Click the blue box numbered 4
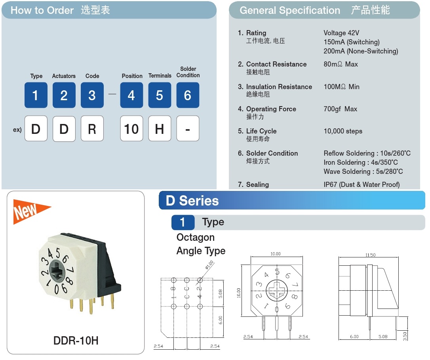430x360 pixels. click(x=131, y=95)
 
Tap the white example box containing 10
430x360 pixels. click(x=131, y=128)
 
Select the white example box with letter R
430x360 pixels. click(x=92, y=128)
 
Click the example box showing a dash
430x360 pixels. click(x=188, y=128)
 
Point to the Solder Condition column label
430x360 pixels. click(x=188, y=72)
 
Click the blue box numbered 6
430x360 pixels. click(x=188, y=95)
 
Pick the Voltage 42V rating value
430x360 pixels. click(x=341, y=33)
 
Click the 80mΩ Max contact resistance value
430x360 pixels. click(x=341, y=64)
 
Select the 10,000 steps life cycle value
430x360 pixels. click(x=343, y=131)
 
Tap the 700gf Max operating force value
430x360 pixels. click(x=341, y=109)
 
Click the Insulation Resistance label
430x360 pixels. click(x=279, y=87)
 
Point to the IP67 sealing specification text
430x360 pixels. click(x=362, y=185)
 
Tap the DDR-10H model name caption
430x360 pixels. click(x=76, y=341)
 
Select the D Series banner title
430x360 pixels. click(x=192, y=201)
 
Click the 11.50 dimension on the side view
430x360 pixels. click(x=370, y=255)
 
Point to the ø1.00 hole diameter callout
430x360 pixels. click(x=209, y=265)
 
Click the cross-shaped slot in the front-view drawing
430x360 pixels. click(x=276, y=290)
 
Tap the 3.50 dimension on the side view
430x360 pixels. click(x=405, y=336)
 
